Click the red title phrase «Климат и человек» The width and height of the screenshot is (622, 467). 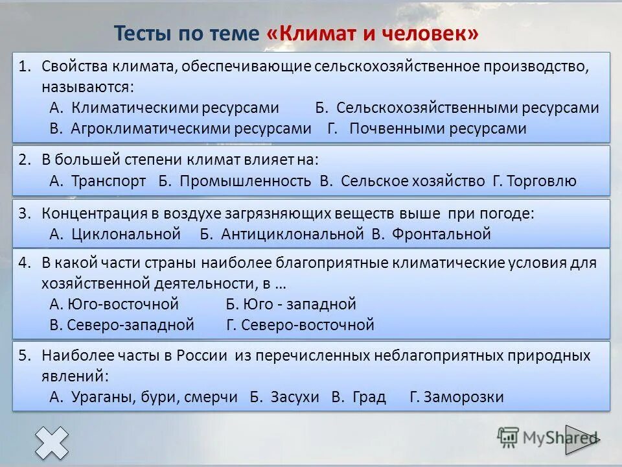[372, 33]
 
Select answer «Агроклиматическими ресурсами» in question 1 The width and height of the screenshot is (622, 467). [191, 128]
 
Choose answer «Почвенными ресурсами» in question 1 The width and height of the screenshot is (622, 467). [437, 128]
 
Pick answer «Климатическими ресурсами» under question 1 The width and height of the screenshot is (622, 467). [175, 108]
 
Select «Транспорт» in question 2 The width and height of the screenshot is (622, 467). [108, 181]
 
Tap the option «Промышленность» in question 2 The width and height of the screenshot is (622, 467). [245, 181]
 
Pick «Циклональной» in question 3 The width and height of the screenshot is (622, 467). [126, 234]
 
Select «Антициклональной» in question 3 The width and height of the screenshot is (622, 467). [292, 234]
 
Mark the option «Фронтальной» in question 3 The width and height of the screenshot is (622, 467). [441, 234]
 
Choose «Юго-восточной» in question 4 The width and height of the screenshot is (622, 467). [122, 304]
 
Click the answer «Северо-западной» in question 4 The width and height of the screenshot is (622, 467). [130, 325]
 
